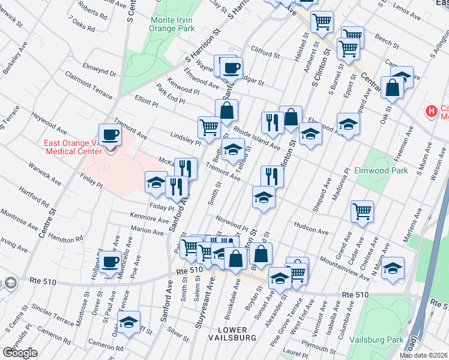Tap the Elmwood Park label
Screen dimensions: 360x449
pos(385,171)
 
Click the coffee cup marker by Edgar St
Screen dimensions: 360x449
pos(232,68)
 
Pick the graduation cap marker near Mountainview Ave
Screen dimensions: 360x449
pos(393,268)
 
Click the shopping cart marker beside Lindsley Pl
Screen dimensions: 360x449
pos(209,127)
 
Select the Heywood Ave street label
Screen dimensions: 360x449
pos(49,122)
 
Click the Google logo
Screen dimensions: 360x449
pos(19,352)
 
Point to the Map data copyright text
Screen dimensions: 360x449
pos(423,355)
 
